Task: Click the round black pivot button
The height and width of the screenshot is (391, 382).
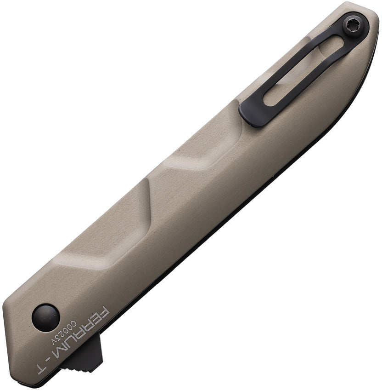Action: coord(46,317)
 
